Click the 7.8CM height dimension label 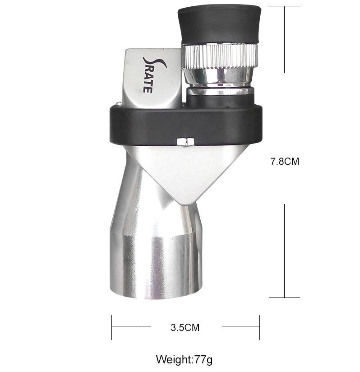(x=285, y=162)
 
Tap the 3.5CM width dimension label (x=185, y=328)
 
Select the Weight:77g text (x=184, y=360)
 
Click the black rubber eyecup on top (x=219, y=24)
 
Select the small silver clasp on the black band (x=185, y=142)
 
